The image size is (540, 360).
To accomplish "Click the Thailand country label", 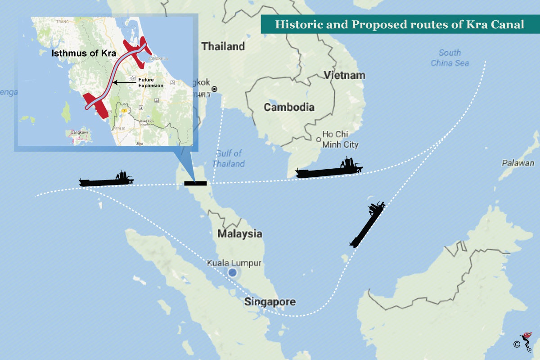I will click(223, 46).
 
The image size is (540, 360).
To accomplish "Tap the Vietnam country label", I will click(345, 75).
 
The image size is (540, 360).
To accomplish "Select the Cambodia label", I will click(289, 107).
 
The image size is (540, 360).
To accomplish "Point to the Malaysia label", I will click(239, 234).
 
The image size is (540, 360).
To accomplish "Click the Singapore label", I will click(270, 301).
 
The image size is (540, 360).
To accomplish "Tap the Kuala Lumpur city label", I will click(234, 263).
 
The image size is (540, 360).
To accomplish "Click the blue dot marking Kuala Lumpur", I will click(232, 272).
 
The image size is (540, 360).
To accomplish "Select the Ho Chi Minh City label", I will click(340, 139).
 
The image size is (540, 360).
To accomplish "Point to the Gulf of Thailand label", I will click(229, 158).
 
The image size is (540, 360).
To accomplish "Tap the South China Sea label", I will click(450, 58).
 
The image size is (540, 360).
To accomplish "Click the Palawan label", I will click(518, 163).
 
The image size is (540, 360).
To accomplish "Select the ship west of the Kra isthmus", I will click(107, 179).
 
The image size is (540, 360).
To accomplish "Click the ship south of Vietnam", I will click(329, 169).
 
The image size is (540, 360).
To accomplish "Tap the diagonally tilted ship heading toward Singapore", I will click(367, 224).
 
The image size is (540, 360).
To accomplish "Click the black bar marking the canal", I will click(195, 183).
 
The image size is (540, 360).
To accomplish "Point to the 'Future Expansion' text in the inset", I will click(150, 82).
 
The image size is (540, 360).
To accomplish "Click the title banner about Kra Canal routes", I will click(400, 24).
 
